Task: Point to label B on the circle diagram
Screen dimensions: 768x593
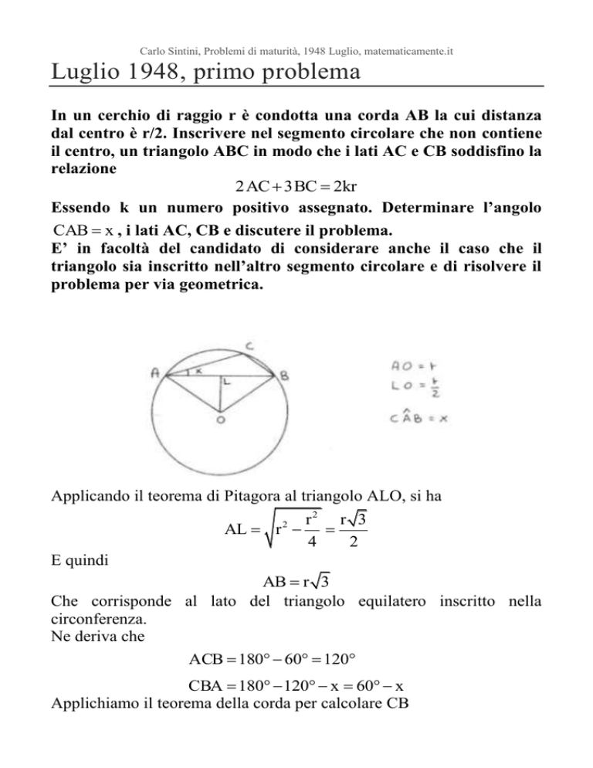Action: (283, 376)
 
